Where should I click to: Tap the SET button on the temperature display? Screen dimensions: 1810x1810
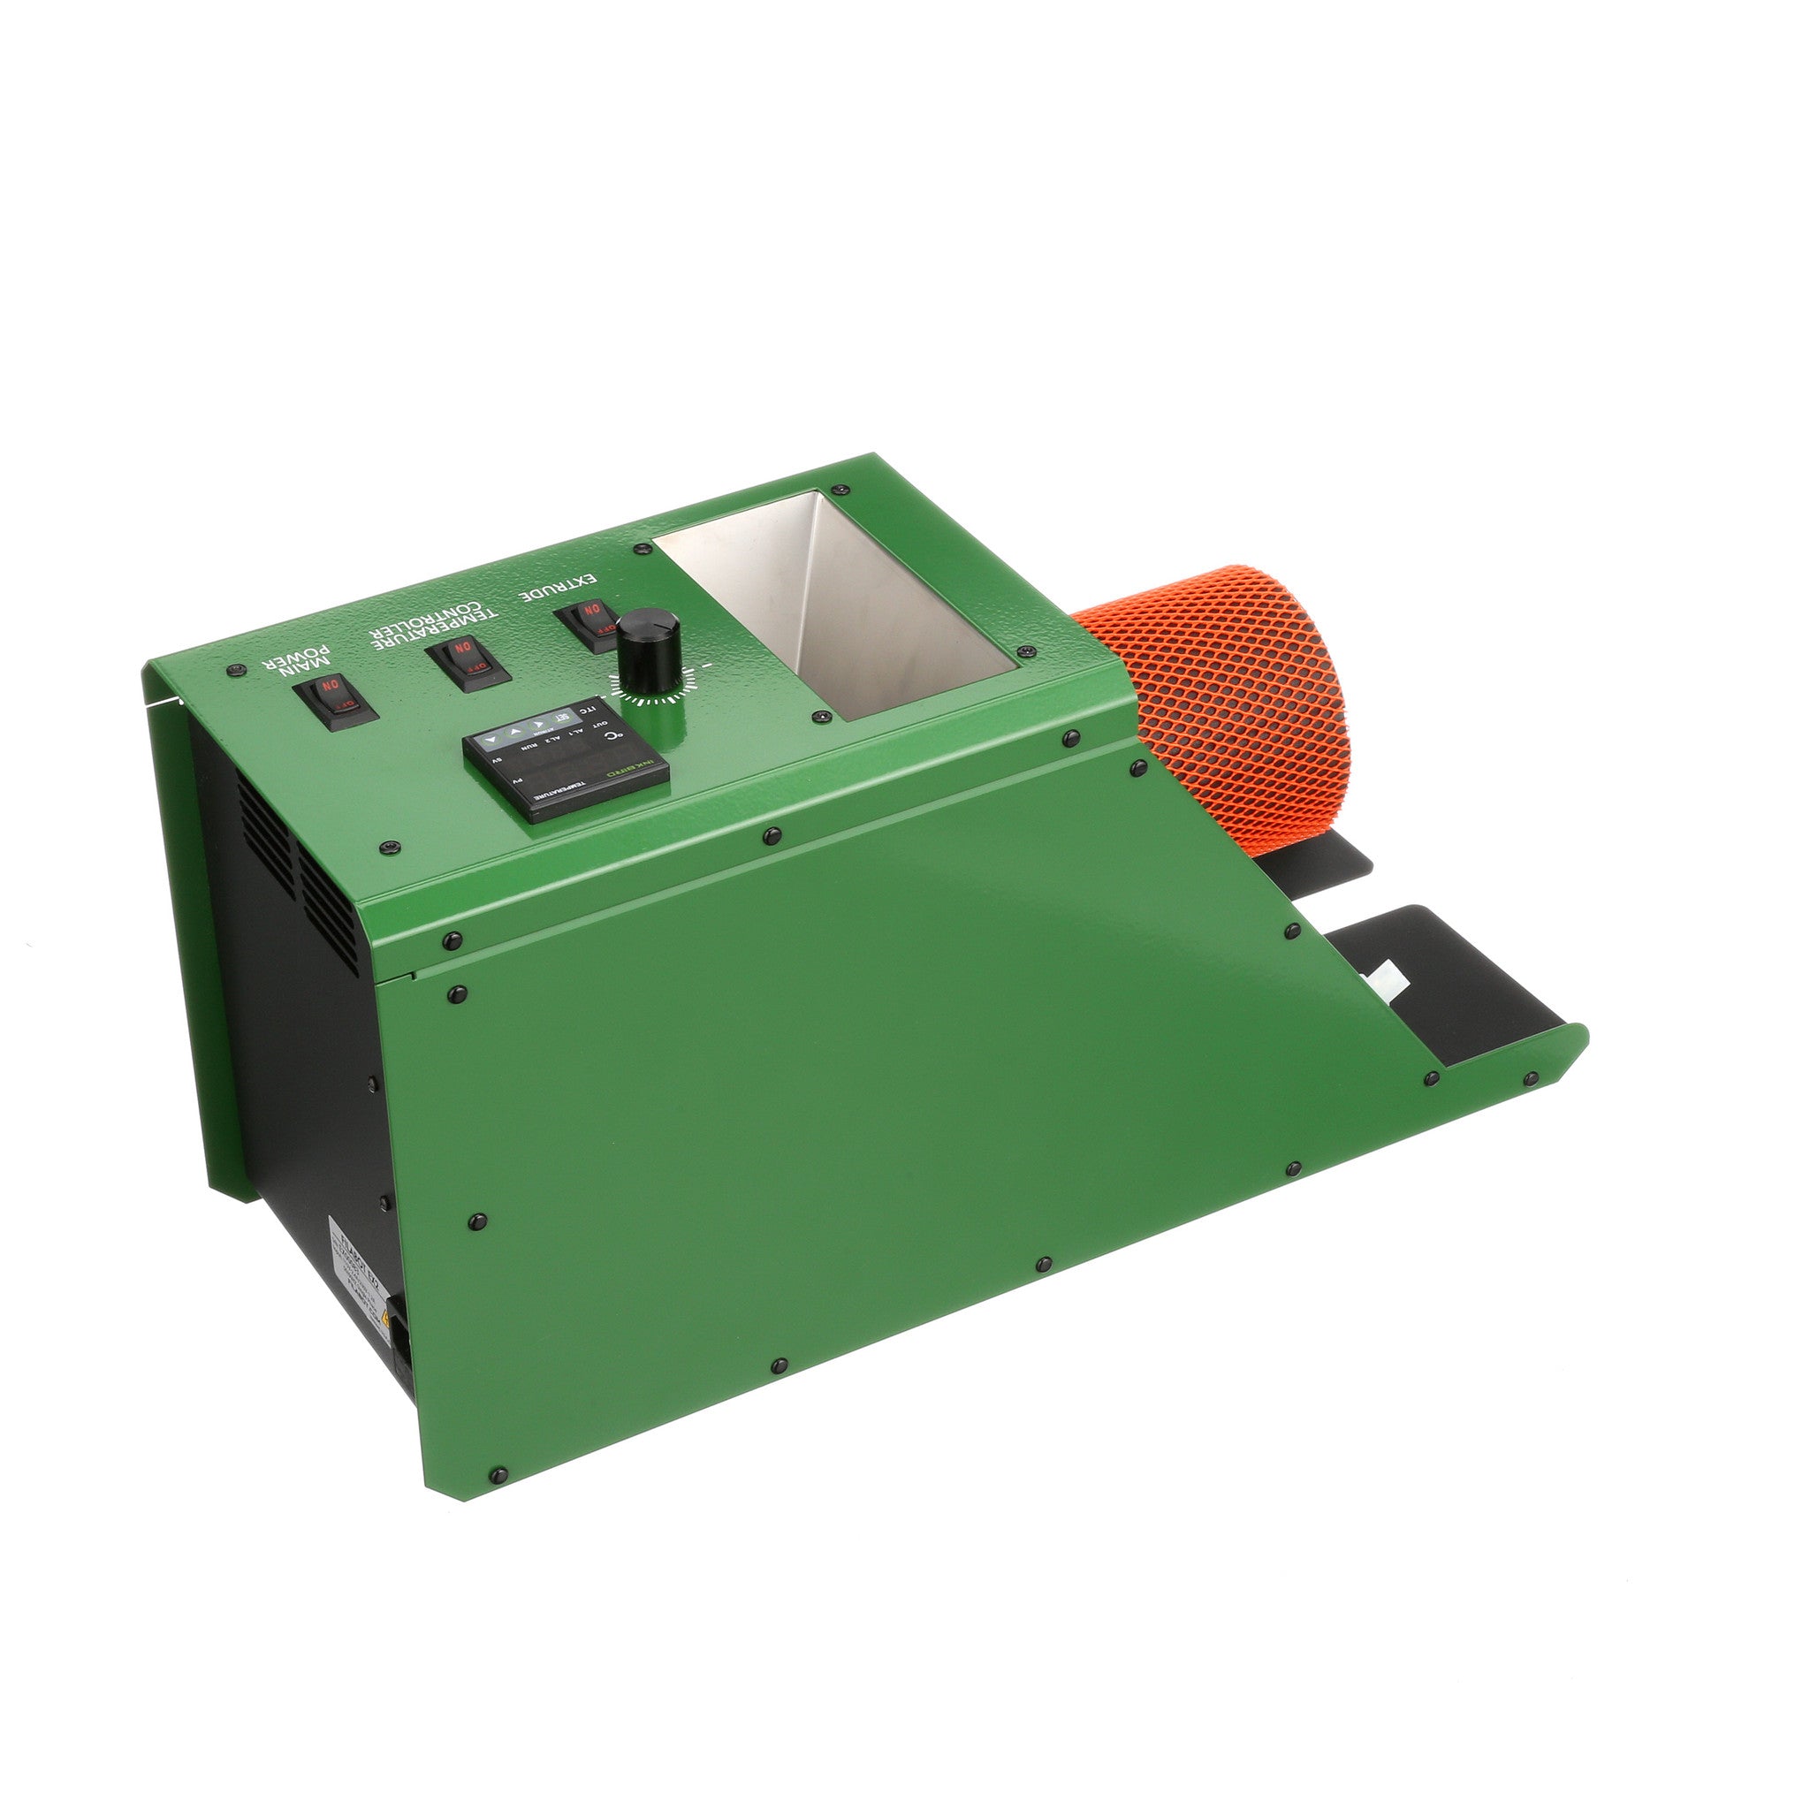(x=562, y=718)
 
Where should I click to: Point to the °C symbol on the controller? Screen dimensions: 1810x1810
(x=613, y=736)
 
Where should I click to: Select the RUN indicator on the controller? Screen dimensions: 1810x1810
(x=529, y=747)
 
